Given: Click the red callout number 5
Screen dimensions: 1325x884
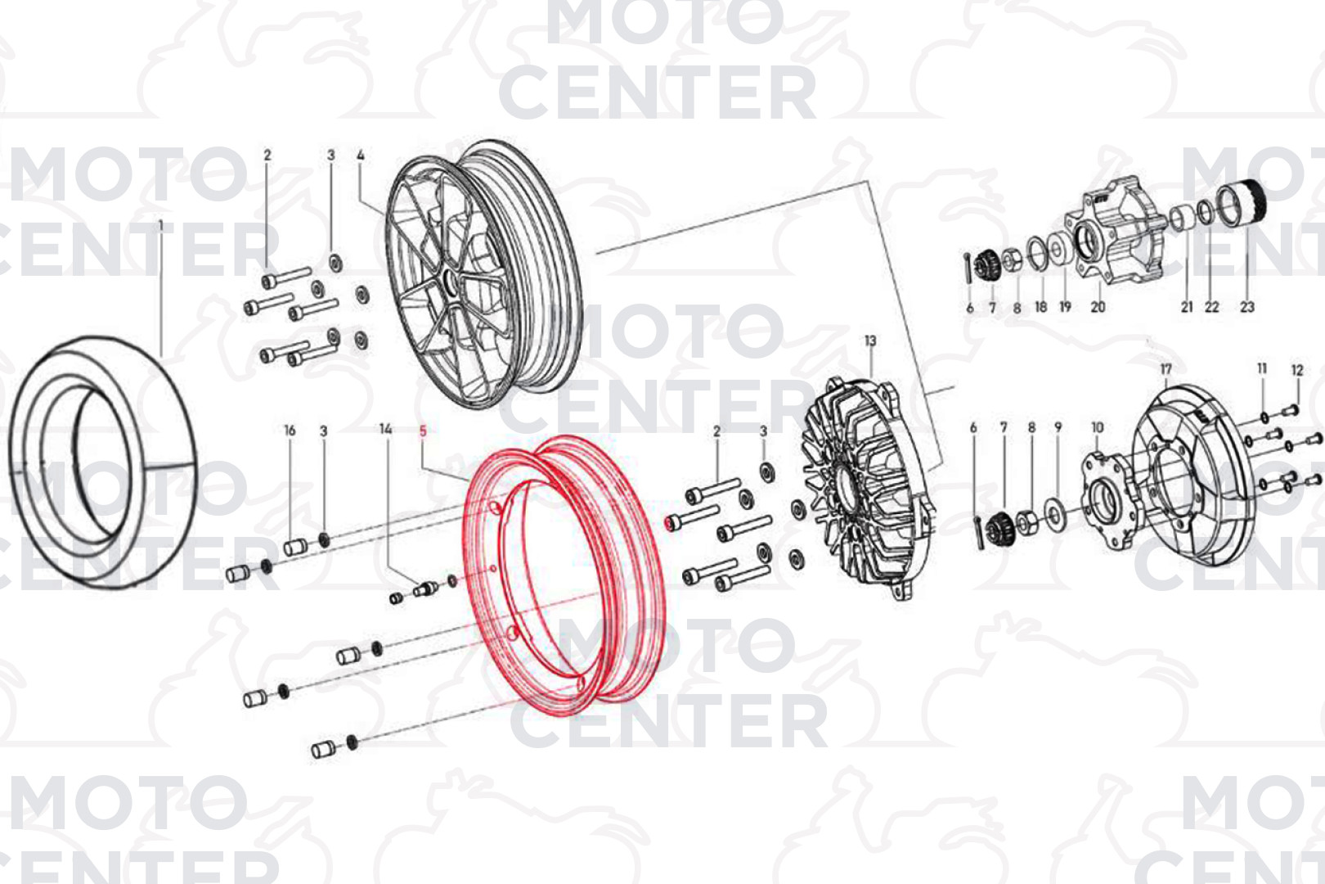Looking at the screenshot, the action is point(422,431).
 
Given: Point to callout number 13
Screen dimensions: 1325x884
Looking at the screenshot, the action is point(870,341).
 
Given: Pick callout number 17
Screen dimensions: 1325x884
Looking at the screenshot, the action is point(1166,369).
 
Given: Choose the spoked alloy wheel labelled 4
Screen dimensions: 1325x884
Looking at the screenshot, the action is point(484,274).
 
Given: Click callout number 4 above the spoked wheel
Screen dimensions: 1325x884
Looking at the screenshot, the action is point(361,156).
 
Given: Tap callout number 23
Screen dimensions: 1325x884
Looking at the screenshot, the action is point(1247,307).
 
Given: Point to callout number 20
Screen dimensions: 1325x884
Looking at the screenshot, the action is point(1098,307).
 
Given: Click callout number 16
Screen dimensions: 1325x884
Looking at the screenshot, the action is point(290,431).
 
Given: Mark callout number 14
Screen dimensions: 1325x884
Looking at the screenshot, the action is point(386,429).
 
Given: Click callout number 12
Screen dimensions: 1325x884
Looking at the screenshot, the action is point(1297,371).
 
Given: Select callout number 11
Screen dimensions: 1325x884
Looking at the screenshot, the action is point(1262,369).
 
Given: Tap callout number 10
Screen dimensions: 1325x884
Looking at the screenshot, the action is point(1098,427).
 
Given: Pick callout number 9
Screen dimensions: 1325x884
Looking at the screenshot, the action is point(1058,427).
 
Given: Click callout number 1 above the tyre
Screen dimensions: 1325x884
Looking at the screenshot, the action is point(160,226).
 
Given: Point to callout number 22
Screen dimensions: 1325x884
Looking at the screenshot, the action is point(1212,307).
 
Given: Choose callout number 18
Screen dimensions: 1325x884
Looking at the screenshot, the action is point(1040,307).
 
